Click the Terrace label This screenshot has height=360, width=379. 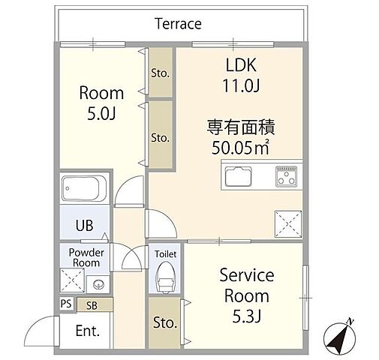(178, 23)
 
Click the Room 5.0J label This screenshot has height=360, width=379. (101, 103)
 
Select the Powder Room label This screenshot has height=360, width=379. (86, 257)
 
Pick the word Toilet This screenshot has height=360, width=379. (165, 253)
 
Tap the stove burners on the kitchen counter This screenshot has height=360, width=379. (287, 178)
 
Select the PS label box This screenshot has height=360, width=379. (65, 304)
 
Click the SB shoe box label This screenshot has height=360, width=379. (92, 304)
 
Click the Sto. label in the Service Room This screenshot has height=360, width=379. (164, 323)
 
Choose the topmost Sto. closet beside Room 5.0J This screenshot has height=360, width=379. (159, 73)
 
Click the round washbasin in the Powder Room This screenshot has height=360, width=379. (98, 283)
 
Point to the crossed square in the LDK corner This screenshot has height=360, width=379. (287, 223)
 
